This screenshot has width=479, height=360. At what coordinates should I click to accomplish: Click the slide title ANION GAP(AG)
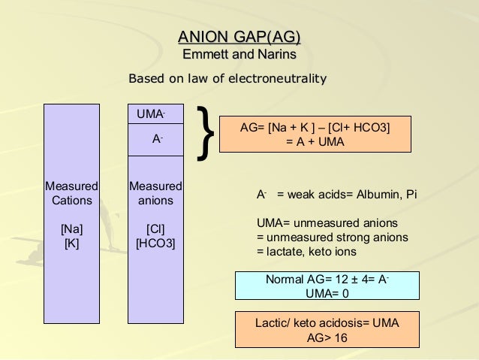point(239,37)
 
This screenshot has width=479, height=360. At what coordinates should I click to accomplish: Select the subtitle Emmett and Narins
point(239,55)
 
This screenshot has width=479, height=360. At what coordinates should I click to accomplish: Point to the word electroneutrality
point(281,78)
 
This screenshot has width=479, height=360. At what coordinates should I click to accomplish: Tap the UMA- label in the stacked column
point(151,114)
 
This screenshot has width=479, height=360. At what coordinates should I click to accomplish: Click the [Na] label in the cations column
point(71,228)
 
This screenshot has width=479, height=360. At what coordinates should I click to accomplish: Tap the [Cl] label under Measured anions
point(155,228)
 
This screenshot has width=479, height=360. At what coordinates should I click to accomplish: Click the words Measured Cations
point(71,193)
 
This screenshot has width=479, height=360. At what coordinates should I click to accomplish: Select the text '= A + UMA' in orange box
point(315,142)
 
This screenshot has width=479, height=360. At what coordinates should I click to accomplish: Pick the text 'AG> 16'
point(327,337)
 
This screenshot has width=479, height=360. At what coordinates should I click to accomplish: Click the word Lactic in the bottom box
point(272,323)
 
